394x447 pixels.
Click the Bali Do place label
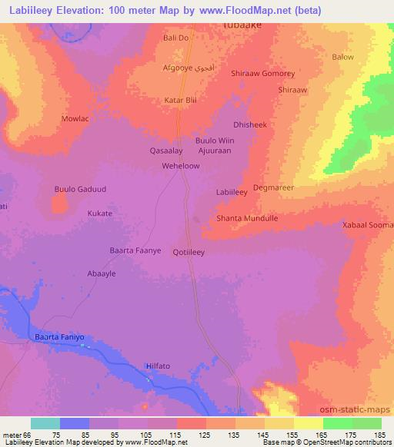click(176, 38)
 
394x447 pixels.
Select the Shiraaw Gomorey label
click(263, 74)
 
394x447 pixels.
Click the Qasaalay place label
click(165, 151)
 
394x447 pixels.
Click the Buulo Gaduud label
click(77, 189)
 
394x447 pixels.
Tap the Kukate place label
click(99, 214)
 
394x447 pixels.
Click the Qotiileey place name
click(189, 251)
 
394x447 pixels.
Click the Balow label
click(342, 57)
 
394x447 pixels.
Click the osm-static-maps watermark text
click(354, 412)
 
